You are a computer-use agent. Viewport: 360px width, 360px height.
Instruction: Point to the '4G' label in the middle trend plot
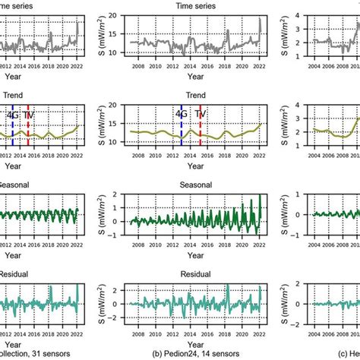tap(180, 115)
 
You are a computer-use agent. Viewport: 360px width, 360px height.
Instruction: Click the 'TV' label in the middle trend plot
tap(199, 115)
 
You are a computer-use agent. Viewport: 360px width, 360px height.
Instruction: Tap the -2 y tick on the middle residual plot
tap(113, 320)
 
